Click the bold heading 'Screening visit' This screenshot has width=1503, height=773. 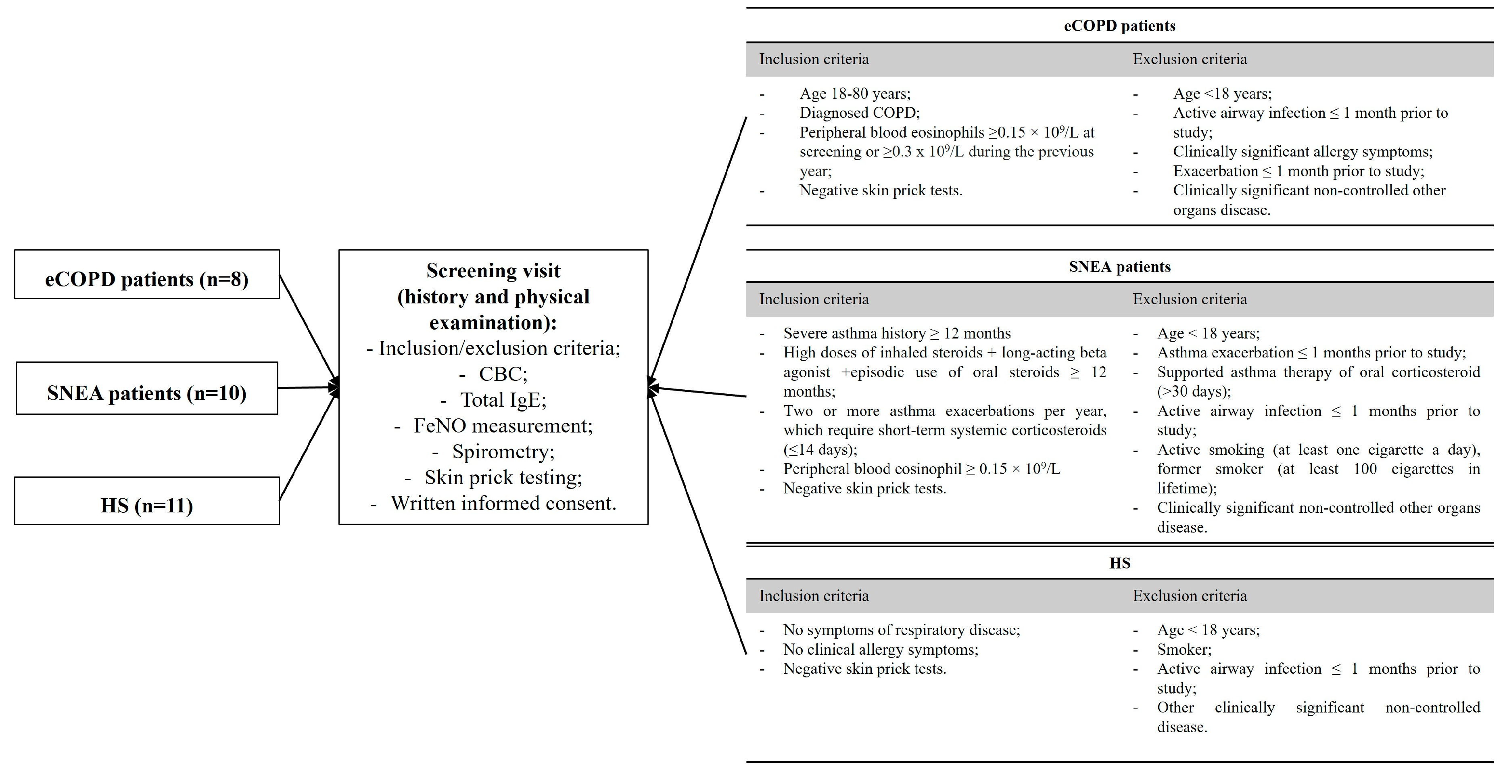tap(493, 271)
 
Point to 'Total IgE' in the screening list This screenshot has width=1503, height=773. tap(503, 400)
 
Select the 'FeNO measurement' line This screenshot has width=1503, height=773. tap(503, 426)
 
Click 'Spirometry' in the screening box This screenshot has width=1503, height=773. tap(503, 451)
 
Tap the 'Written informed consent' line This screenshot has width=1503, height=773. tap(503, 503)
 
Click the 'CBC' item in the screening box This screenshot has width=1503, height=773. tap(503, 374)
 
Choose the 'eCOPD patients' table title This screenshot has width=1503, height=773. tap(1119, 26)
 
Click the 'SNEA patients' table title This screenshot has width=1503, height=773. tap(1119, 267)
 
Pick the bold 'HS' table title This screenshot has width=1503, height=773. tap(1119, 563)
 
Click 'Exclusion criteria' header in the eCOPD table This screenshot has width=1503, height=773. tap(1190, 59)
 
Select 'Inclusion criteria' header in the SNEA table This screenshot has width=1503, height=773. tap(814, 299)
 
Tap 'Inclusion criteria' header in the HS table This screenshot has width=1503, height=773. tap(814, 595)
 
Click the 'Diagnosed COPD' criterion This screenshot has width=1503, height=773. tap(860, 113)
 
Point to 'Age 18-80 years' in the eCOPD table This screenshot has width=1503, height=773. tap(855, 93)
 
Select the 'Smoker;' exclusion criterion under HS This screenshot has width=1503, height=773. tap(1184, 649)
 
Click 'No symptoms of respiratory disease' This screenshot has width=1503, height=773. tap(902, 630)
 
